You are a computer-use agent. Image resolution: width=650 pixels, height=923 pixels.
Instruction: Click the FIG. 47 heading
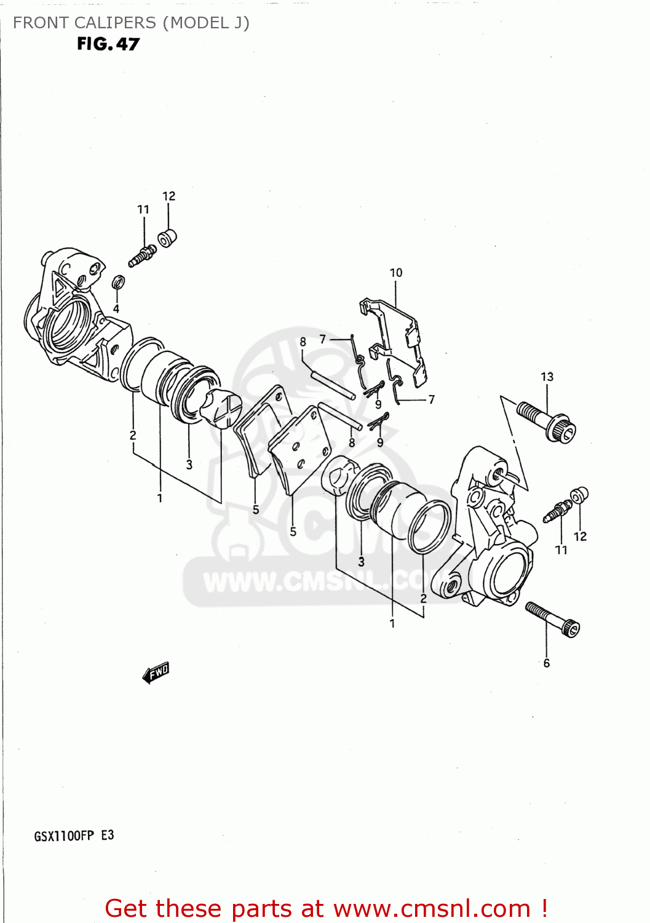tap(108, 44)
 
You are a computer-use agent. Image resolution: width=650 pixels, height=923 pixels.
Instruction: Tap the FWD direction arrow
tap(156, 673)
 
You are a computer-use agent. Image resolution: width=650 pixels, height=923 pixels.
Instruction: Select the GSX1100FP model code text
tap(64, 836)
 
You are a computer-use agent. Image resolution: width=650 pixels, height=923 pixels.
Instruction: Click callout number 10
tap(396, 273)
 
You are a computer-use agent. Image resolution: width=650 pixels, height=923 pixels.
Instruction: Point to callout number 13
tap(547, 377)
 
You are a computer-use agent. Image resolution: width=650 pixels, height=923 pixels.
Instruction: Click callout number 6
tap(546, 663)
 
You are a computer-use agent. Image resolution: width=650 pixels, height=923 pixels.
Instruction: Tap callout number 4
tap(116, 309)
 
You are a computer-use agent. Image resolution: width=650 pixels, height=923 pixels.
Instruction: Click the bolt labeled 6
tap(553, 619)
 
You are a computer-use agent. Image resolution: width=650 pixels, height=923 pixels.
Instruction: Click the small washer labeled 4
tap(119, 282)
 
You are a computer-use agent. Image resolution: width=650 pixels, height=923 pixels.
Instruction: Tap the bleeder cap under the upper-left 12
tap(167, 238)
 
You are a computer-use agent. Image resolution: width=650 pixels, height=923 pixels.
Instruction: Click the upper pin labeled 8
tap(332, 385)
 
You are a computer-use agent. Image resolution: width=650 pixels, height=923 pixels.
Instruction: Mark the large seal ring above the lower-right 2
tap(429, 526)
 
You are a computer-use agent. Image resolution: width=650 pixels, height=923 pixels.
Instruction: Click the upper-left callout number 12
tap(168, 196)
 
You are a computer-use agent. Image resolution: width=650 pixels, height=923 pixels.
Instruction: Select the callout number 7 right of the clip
tap(432, 399)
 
